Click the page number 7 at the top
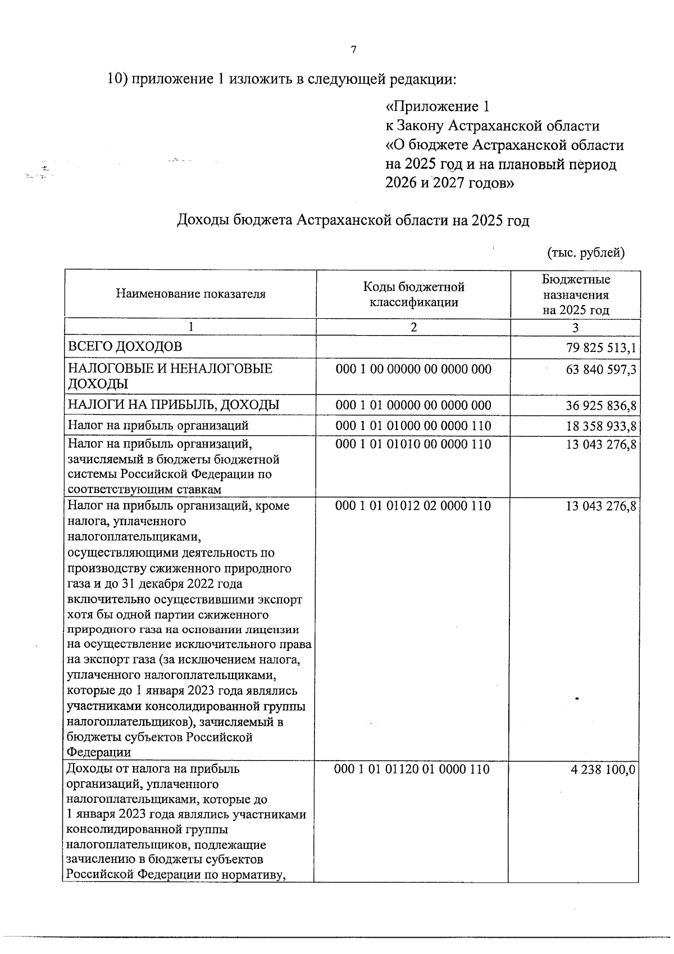click(x=353, y=50)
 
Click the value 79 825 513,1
click(x=601, y=348)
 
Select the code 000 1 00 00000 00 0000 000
click(x=413, y=369)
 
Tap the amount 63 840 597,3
click(x=601, y=370)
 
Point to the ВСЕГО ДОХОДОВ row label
click(x=125, y=346)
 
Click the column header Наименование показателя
click(x=190, y=294)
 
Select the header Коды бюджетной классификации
click(x=413, y=295)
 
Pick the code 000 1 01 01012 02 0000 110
click(x=413, y=506)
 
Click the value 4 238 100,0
click(x=603, y=770)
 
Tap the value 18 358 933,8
click(x=601, y=426)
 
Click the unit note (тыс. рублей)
click(x=586, y=252)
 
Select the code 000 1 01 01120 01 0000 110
click(x=412, y=769)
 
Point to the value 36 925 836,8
click(x=601, y=406)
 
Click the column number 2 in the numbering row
click(x=413, y=327)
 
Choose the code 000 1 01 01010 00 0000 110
click(x=413, y=445)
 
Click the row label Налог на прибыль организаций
click(x=158, y=425)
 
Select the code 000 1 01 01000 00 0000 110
click(x=413, y=426)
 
